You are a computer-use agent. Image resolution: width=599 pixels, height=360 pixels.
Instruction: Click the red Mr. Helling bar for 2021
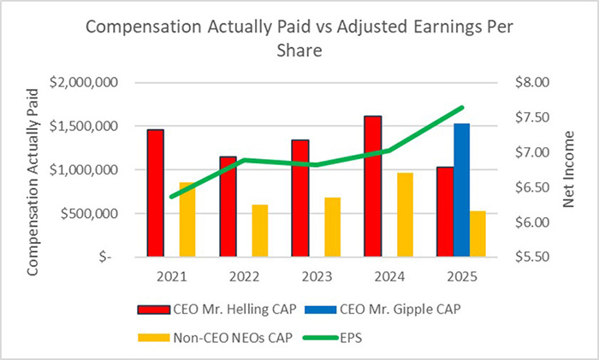155,192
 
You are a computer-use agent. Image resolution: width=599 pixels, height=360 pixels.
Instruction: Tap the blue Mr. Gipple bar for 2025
462,189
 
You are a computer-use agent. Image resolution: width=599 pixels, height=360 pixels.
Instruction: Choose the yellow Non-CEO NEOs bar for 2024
404,214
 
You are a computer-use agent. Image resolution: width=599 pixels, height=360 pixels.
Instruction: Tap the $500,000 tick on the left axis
89,213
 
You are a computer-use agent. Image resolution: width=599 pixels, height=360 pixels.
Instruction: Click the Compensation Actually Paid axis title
33,170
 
